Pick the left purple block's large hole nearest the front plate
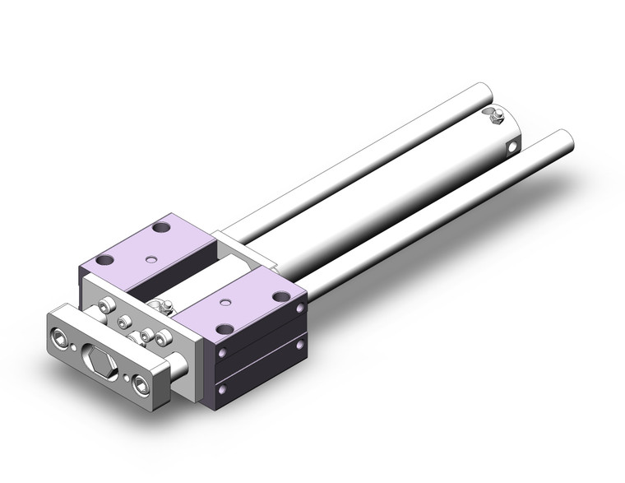tap(104, 261)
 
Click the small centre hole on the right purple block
tap(224, 301)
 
